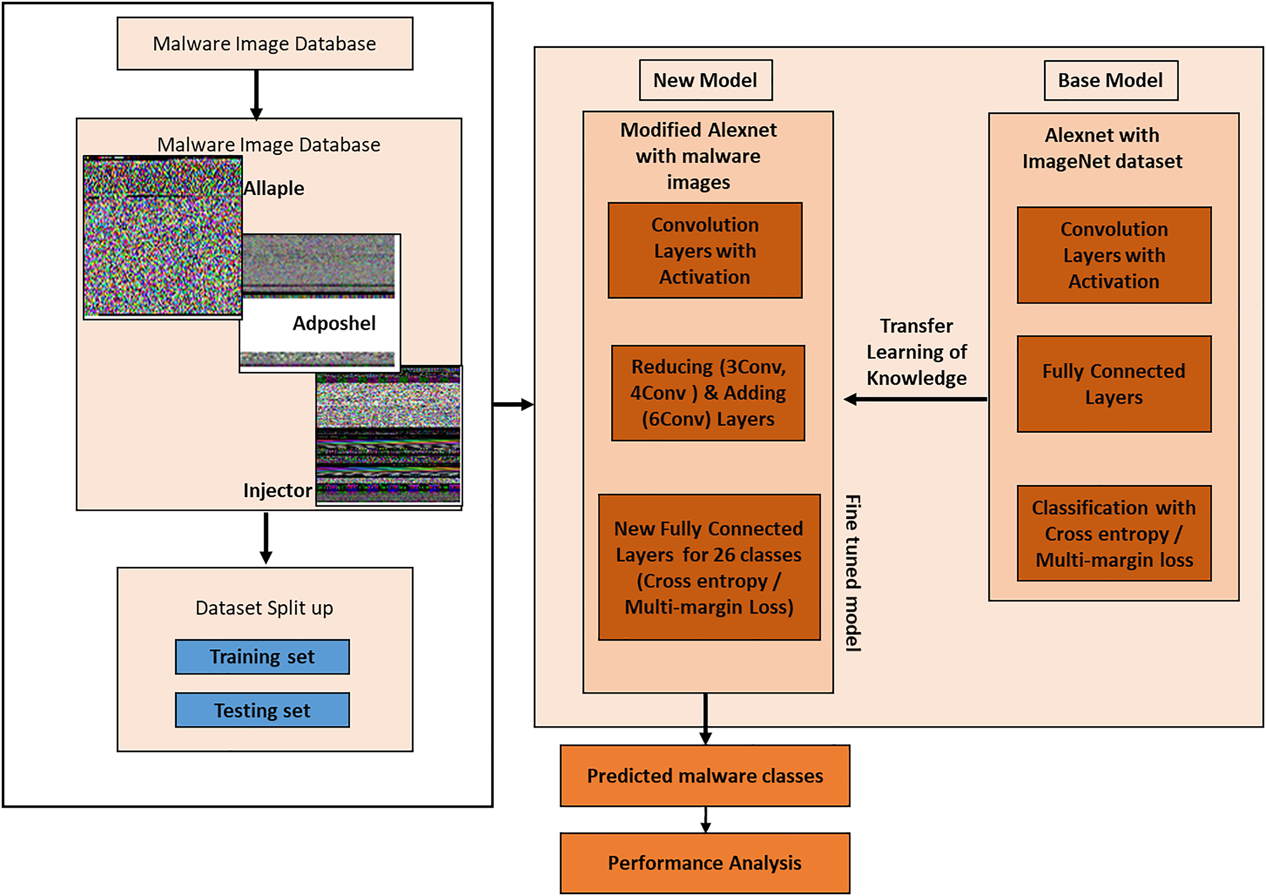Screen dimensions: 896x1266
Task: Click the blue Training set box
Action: click(x=262, y=656)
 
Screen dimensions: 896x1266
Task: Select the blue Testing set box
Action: click(x=262, y=710)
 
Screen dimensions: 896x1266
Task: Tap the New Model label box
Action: click(x=706, y=81)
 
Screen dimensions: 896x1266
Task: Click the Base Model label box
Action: click(x=1110, y=81)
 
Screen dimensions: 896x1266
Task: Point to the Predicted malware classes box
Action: click(x=705, y=776)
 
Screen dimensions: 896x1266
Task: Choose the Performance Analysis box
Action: click(x=705, y=863)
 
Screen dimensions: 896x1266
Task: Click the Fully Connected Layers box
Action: click(x=1114, y=384)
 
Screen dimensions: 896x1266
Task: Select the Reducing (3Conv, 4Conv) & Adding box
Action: click(x=708, y=393)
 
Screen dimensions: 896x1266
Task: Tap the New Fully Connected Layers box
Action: click(x=709, y=567)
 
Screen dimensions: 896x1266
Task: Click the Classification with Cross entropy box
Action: click(x=1114, y=533)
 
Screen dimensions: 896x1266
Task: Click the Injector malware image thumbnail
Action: click(x=389, y=436)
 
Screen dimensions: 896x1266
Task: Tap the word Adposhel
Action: click(x=334, y=323)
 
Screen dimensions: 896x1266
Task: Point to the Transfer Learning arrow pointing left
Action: click(x=916, y=399)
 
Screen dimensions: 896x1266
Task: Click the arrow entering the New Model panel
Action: click(x=513, y=405)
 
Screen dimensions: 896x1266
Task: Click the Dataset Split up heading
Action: click(x=264, y=608)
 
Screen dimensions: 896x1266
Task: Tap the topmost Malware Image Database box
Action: click(x=265, y=43)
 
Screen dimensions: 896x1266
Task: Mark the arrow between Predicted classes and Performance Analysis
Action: click(x=706, y=819)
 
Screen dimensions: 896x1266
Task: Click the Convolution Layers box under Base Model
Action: click(x=1114, y=256)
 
